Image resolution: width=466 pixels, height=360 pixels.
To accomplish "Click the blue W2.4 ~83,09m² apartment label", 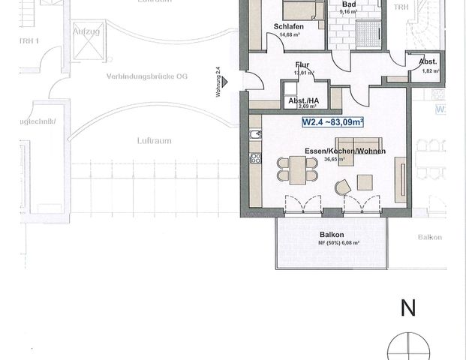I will pos(332,123).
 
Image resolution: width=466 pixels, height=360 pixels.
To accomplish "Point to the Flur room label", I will pos(302,64).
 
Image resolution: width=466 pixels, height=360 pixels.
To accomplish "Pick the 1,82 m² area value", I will pos(428,70).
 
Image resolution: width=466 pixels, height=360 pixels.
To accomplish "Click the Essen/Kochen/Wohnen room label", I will pos(344,151).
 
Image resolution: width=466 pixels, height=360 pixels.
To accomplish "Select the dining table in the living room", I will pos(298,171).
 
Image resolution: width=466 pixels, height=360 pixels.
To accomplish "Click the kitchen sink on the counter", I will pos(254,136).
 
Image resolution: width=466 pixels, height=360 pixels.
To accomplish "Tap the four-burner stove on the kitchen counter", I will pos(254,158).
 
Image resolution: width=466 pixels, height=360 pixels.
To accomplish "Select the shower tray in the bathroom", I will pos(368,34).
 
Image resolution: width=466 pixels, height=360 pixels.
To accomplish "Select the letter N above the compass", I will pos(407,307).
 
